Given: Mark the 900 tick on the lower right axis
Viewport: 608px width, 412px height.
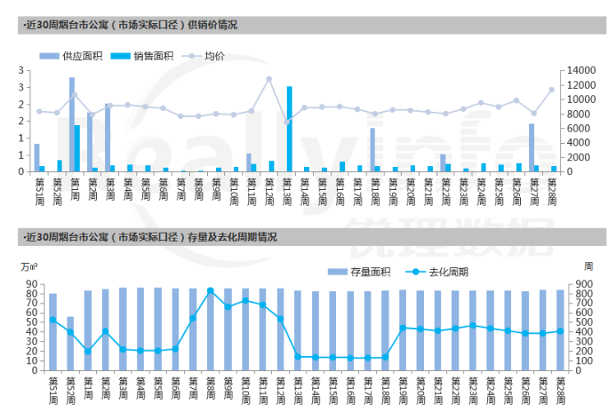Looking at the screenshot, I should point(585,285).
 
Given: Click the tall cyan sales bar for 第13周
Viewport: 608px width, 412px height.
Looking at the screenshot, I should point(289,128).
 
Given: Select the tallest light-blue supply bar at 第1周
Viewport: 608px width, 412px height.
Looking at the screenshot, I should point(72,123).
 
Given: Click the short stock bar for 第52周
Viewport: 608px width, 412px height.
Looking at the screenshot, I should point(71,343).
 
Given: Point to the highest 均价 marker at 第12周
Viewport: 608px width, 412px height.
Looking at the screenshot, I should point(269,79).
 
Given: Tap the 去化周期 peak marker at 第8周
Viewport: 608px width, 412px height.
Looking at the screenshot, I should point(210,290).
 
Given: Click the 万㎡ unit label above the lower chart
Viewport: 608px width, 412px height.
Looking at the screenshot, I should point(30,266).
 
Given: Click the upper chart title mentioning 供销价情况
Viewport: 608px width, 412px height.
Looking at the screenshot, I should point(131,25).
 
